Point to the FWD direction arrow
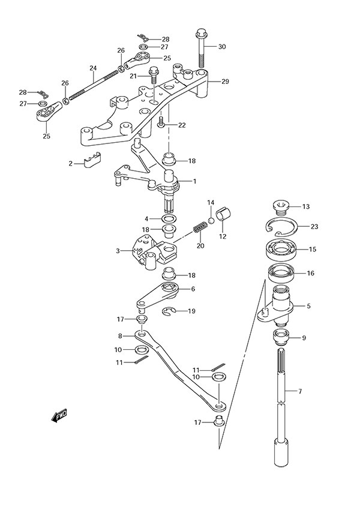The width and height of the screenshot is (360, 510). click(59, 415)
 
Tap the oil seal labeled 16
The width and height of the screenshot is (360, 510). click(281, 273)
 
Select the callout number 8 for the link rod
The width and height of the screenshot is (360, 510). click(120, 336)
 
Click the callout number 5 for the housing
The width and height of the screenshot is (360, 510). click(308, 306)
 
